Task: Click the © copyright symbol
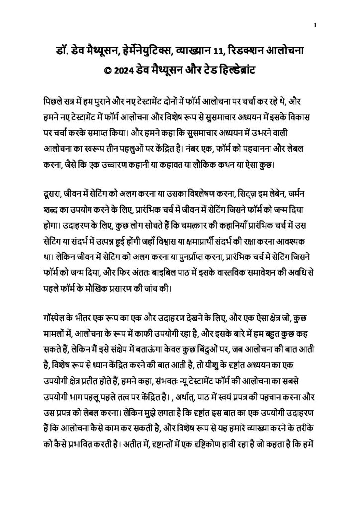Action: pos(106,70)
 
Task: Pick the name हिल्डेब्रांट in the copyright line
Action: pos(234,70)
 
